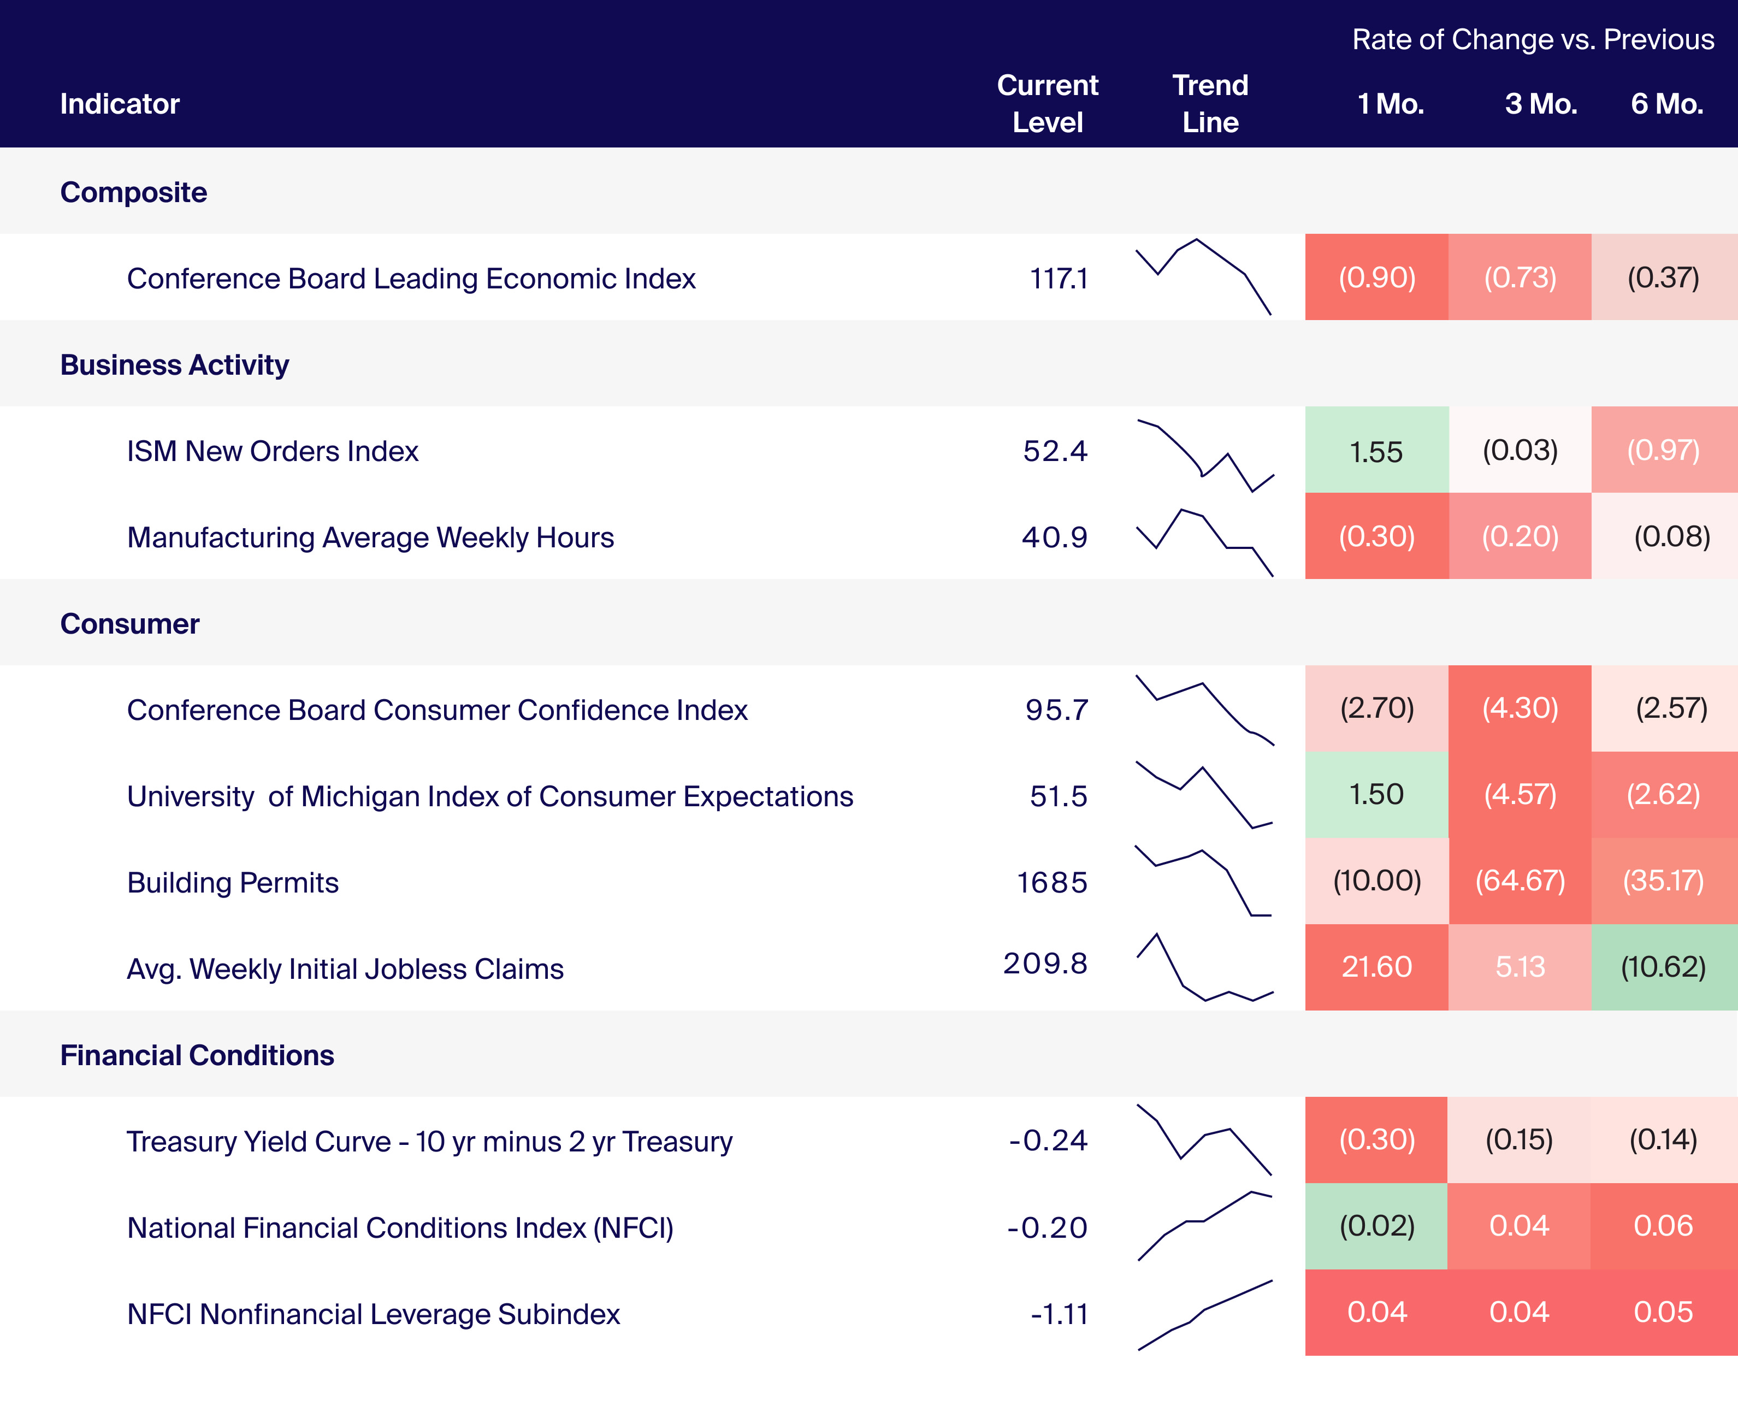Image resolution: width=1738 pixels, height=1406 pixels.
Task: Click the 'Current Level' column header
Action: point(1047,104)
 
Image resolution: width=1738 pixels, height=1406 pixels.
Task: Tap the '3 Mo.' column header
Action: point(1540,104)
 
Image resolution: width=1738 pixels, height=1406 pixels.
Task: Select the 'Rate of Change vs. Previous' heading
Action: point(1532,40)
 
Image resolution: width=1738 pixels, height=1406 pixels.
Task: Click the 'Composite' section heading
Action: point(134,192)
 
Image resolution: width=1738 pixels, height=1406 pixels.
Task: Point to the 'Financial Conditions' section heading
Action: point(197,1055)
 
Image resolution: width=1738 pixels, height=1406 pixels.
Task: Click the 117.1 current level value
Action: point(1057,279)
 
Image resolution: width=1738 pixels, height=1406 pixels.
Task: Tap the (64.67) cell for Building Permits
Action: point(1520,881)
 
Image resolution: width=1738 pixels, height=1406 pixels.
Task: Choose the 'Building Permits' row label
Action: point(233,882)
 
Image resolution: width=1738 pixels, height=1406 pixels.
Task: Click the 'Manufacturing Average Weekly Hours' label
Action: point(370,537)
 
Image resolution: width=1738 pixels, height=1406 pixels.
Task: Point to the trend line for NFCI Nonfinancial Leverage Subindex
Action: point(1205,1314)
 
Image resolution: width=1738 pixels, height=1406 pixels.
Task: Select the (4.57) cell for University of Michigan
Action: point(1520,795)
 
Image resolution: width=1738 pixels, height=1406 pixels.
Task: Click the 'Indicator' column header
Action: point(120,104)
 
